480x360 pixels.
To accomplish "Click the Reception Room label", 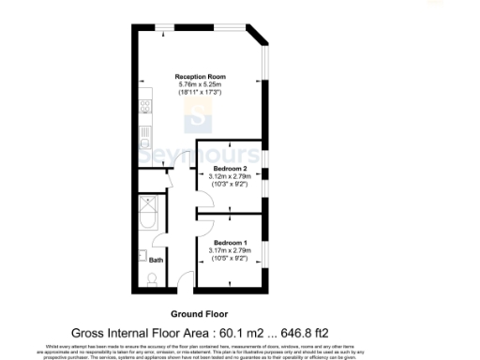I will coord(198,77).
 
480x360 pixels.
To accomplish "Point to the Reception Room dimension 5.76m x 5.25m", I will coord(198,86).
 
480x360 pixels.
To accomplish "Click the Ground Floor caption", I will coord(198,314).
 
